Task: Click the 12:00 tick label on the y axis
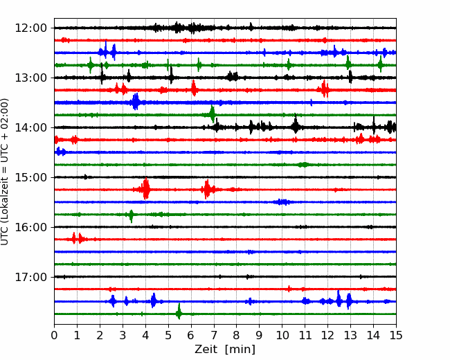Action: [30, 28]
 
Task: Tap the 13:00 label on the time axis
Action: [30, 78]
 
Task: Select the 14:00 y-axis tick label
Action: [30, 127]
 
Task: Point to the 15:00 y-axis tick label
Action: [30, 177]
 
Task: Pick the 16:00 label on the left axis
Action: [30, 227]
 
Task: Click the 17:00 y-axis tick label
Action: [30, 277]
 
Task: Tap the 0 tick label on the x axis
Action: [54, 335]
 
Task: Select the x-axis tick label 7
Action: [213, 335]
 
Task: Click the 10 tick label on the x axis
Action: [282, 335]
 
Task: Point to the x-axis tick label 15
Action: [396, 335]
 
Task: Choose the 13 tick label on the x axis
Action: [350, 335]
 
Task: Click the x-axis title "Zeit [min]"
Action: [225, 350]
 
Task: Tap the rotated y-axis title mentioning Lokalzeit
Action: [5, 172]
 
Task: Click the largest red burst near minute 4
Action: [146, 188]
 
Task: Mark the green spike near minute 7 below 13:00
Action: [213, 114]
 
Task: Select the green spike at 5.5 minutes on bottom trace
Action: [179, 312]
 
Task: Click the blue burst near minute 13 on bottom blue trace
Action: [349, 301]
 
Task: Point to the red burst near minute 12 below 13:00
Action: [325, 89]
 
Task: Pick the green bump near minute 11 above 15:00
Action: [304, 165]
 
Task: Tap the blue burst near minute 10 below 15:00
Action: [282, 202]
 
